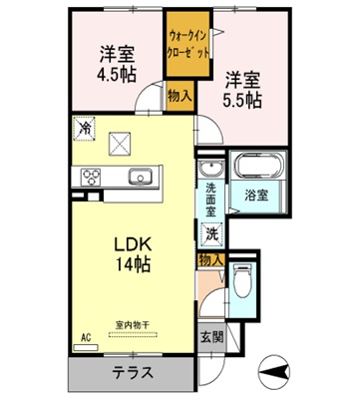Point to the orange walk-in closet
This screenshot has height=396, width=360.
pyautogui.click(x=188, y=45)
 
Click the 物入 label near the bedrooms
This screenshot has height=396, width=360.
pyautogui.click(x=180, y=97)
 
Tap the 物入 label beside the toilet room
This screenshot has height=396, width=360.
pyautogui.click(x=210, y=259)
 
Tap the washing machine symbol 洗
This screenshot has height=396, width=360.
pyautogui.click(x=211, y=235)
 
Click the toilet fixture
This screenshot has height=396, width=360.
pyautogui.click(x=241, y=283)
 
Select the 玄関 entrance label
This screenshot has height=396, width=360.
pyautogui.click(x=210, y=338)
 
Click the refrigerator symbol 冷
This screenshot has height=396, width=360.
pyautogui.click(x=84, y=129)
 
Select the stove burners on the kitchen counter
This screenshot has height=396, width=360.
pyautogui.click(x=91, y=178)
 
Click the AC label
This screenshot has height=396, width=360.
pyautogui.click(x=86, y=338)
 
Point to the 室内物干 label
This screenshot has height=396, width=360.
pyautogui.click(x=131, y=324)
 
